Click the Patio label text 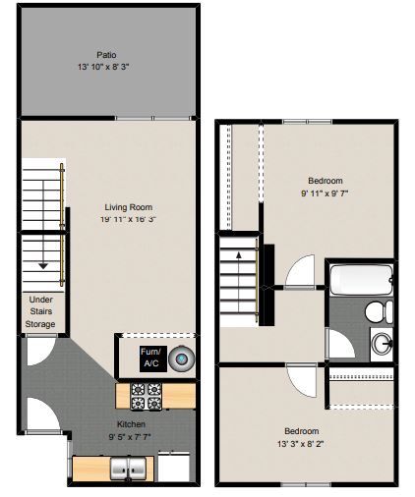click(106, 55)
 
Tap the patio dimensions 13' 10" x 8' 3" click(106, 67)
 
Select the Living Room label click(128, 206)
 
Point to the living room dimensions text click(128, 219)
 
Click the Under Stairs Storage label click(40, 311)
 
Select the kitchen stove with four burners click(147, 395)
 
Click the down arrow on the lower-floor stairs click(43, 263)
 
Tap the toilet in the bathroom click(375, 312)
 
